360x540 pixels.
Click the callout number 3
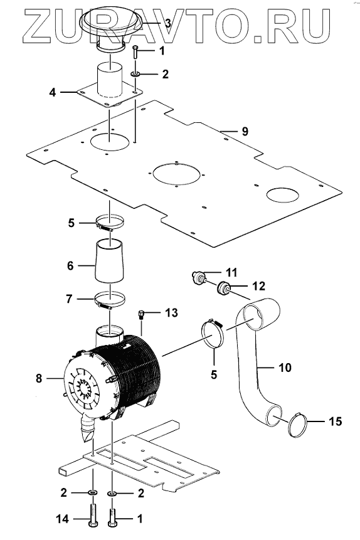(167, 23)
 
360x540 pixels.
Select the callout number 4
(52, 92)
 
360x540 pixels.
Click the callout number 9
(245, 132)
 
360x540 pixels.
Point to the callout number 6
(70, 265)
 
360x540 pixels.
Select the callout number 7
(69, 299)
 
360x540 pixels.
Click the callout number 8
(39, 378)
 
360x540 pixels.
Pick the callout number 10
(285, 368)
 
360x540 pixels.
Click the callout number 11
(232, 272)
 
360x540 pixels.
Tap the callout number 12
(259, 286)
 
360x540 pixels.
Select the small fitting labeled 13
(141, 314)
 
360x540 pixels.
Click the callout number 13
(171, 312)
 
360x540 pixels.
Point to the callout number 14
(62, 519)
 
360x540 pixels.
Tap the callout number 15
(335, 421)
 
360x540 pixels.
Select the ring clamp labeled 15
(297, 426)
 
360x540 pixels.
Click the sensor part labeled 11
(199, 278)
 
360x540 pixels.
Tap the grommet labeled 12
(224, 288)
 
